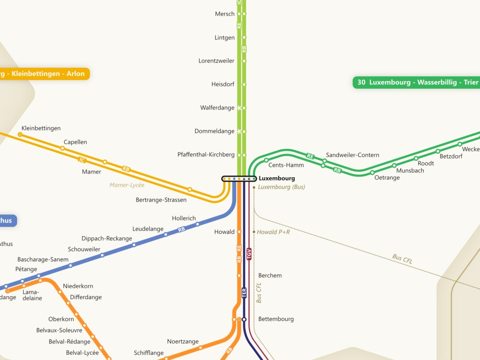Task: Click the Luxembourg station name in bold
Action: [x=277, y=178]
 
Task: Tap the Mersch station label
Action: [x=225, y=14]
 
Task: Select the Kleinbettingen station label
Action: [x=41, y=128]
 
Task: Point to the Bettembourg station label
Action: [x=276, y=319]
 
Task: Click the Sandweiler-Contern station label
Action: [x=352, y=155]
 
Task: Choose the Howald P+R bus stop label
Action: [x=273, y=232]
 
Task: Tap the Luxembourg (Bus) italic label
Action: [x=282, y=187]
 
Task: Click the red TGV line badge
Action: [x=249, y=254]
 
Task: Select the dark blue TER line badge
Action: [x=244, y=293]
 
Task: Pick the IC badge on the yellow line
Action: [x=82, y=160]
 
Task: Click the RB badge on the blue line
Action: [x=182, y=230]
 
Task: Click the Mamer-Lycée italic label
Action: [x=127, y=185]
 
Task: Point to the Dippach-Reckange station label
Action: [x=107, y=239]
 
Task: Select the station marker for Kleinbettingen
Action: [x=20, y=135]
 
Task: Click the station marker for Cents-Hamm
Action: [x=266, y=160]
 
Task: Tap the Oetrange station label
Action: [x=387, y=178]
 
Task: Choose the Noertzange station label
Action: [x=183, y=342]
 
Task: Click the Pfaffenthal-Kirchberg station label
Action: [x=206, y=155]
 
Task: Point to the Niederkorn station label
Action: [x=78, y=286]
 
